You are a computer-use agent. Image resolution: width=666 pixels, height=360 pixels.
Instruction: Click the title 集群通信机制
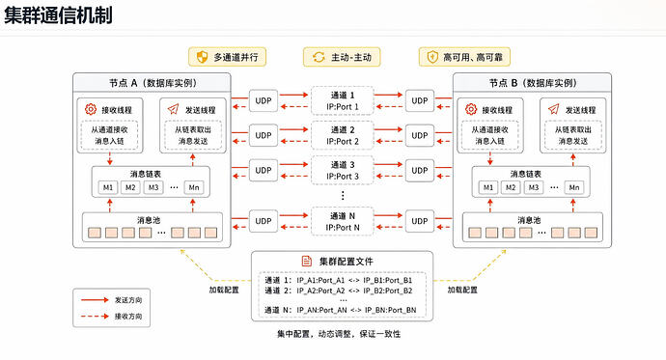click(58, 14)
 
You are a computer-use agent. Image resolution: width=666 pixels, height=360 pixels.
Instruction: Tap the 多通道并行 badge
click(227, 57)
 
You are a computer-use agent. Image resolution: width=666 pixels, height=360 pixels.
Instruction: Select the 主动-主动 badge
click(342, 57)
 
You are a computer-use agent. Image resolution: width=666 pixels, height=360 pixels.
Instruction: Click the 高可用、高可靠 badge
click(464, 57)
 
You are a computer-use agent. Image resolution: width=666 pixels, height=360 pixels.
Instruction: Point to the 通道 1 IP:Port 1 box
click(343, 101)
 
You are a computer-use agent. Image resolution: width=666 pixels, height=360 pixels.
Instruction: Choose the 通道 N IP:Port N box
click(343, 222)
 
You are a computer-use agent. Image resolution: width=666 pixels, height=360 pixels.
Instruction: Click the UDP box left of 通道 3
click(264, 170)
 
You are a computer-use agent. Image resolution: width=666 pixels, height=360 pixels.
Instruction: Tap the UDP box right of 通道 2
click(420, 135)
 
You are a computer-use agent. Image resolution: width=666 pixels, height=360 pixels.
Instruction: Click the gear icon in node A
click(91, 109)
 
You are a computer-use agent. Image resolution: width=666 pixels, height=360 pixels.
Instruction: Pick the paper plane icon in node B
click(553, 109)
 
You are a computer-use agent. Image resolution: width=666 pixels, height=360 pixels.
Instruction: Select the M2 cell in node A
click(130, 187)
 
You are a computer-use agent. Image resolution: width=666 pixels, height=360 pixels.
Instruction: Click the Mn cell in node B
click(574, 187)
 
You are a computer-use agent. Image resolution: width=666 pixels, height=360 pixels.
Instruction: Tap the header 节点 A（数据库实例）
click(153, 83)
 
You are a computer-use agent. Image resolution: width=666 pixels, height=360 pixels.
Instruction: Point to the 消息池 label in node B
click(529, 220)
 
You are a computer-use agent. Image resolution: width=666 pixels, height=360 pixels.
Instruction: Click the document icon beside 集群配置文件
click(306, 262)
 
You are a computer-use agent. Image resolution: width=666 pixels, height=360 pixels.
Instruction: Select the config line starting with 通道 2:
click(339, 291)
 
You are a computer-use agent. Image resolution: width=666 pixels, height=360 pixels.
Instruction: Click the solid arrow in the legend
click(95, 300)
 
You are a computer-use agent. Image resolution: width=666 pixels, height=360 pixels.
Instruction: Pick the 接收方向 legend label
click(128, 317)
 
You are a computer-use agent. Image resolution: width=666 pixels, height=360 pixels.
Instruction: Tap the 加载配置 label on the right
click(462, 290)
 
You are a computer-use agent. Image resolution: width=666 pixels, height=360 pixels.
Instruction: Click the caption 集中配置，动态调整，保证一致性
click(339, 334)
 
